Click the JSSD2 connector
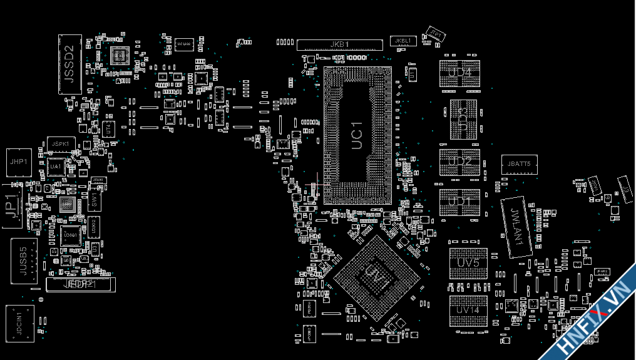click(70, 64)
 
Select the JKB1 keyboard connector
click(339, 44)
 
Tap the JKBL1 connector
click(402, 41)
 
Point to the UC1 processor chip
click(357, 135)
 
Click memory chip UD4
click(460, 73)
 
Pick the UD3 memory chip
click(463, 119)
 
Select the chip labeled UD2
click(460, 162)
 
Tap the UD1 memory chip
click(460, 202)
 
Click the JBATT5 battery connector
click(520, 164)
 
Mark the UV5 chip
click(468, 263)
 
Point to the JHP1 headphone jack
click(18, 162)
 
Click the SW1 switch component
click(94, 200)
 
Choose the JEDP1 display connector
click(81, 284)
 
